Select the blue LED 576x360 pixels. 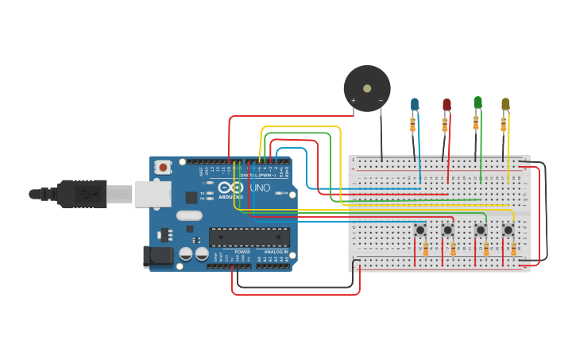point(415,104)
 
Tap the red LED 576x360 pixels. point(446,104)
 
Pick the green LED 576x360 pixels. point(477,103)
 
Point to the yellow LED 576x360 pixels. point(505,104)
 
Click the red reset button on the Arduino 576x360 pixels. point(164,167)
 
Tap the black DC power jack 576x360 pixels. point(157,255)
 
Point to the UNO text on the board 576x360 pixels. point(261,188)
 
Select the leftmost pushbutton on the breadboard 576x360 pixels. point(419,230)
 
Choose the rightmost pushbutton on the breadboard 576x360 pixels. point(508,230)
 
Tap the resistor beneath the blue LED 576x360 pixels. point(412,125)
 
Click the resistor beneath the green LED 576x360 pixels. point(476,122)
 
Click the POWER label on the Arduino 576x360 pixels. point(242,252)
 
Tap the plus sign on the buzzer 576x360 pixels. point(354,100)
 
